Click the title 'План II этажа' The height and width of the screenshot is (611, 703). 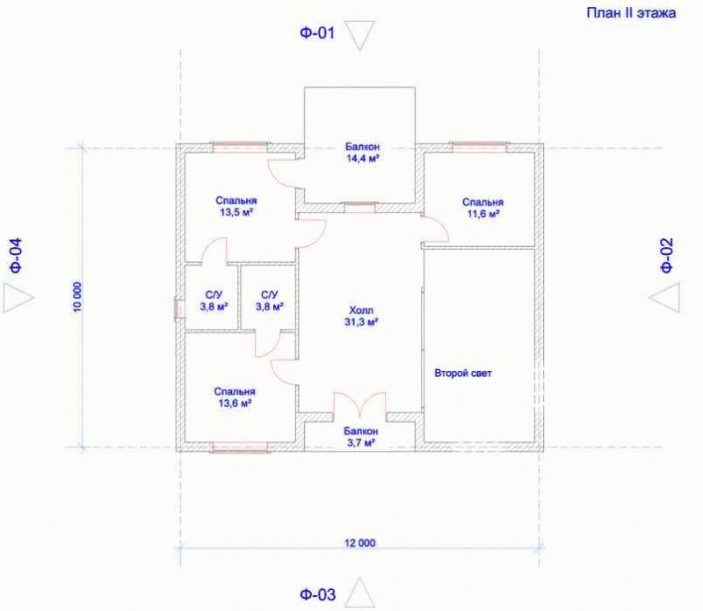point(631,13)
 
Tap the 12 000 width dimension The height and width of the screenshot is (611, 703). point(359,542)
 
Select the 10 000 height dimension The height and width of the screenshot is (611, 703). point(77,297)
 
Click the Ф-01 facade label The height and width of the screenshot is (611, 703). point(317,33)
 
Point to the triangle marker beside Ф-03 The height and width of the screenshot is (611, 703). point(359,593)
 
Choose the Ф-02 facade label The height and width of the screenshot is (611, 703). point(667,255)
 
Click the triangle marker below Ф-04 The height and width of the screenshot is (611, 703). point(18,297)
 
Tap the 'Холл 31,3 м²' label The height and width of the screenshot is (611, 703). point(361,316)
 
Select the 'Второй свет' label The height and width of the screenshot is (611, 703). point(463,373)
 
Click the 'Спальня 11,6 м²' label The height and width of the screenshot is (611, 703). point(482,208)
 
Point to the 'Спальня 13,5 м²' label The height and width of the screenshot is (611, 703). point(236,207)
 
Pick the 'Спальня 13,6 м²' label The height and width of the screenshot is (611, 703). point(235,397)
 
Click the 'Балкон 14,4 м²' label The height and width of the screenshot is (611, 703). point(362,152)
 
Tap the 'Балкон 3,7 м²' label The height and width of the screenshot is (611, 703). point(360,437)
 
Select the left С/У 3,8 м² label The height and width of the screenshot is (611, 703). point(214,301)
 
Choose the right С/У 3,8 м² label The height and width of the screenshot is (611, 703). point(269,301)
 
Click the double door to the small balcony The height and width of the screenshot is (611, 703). point(359,406)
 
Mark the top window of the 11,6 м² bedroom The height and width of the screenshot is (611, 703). point(479,144)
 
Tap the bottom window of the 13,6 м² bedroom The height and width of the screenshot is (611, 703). point(240,447)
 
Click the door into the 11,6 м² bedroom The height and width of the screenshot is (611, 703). point(435,229)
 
